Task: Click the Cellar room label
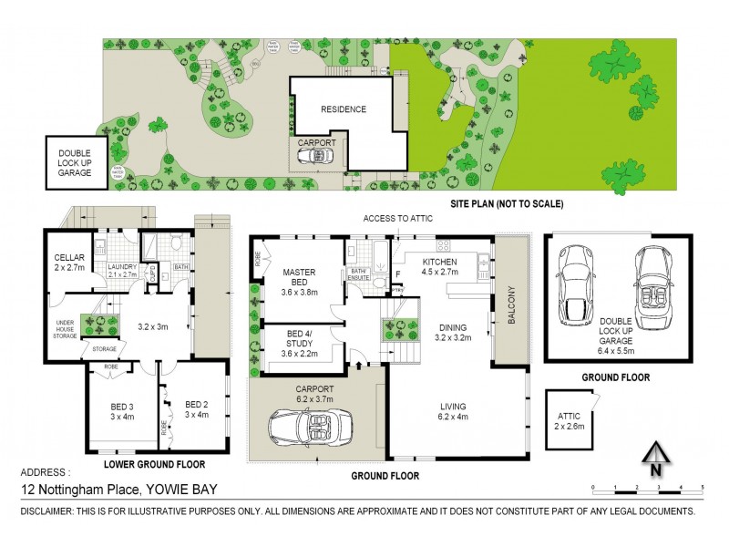pyautogui.click(x=68, y=262)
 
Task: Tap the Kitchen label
pyautogui.click(x=438, y=266)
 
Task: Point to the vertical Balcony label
pyautogui.click(x=510, y=305)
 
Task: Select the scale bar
pyautogui.click(x=646, y=489)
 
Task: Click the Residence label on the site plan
pyautogui.click(x=343, y=109)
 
